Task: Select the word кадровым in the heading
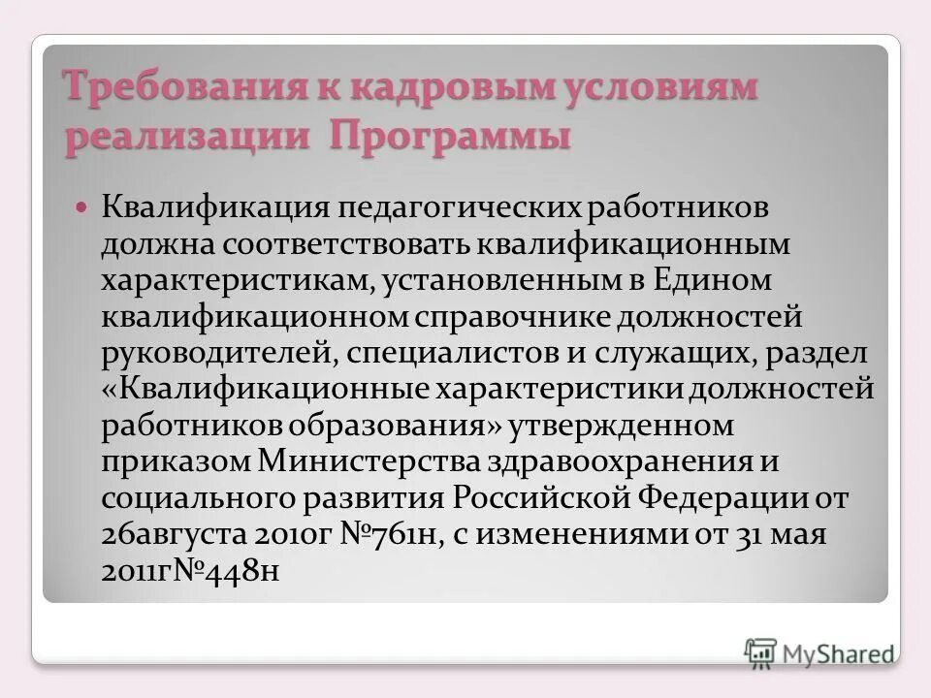point(445,88)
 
